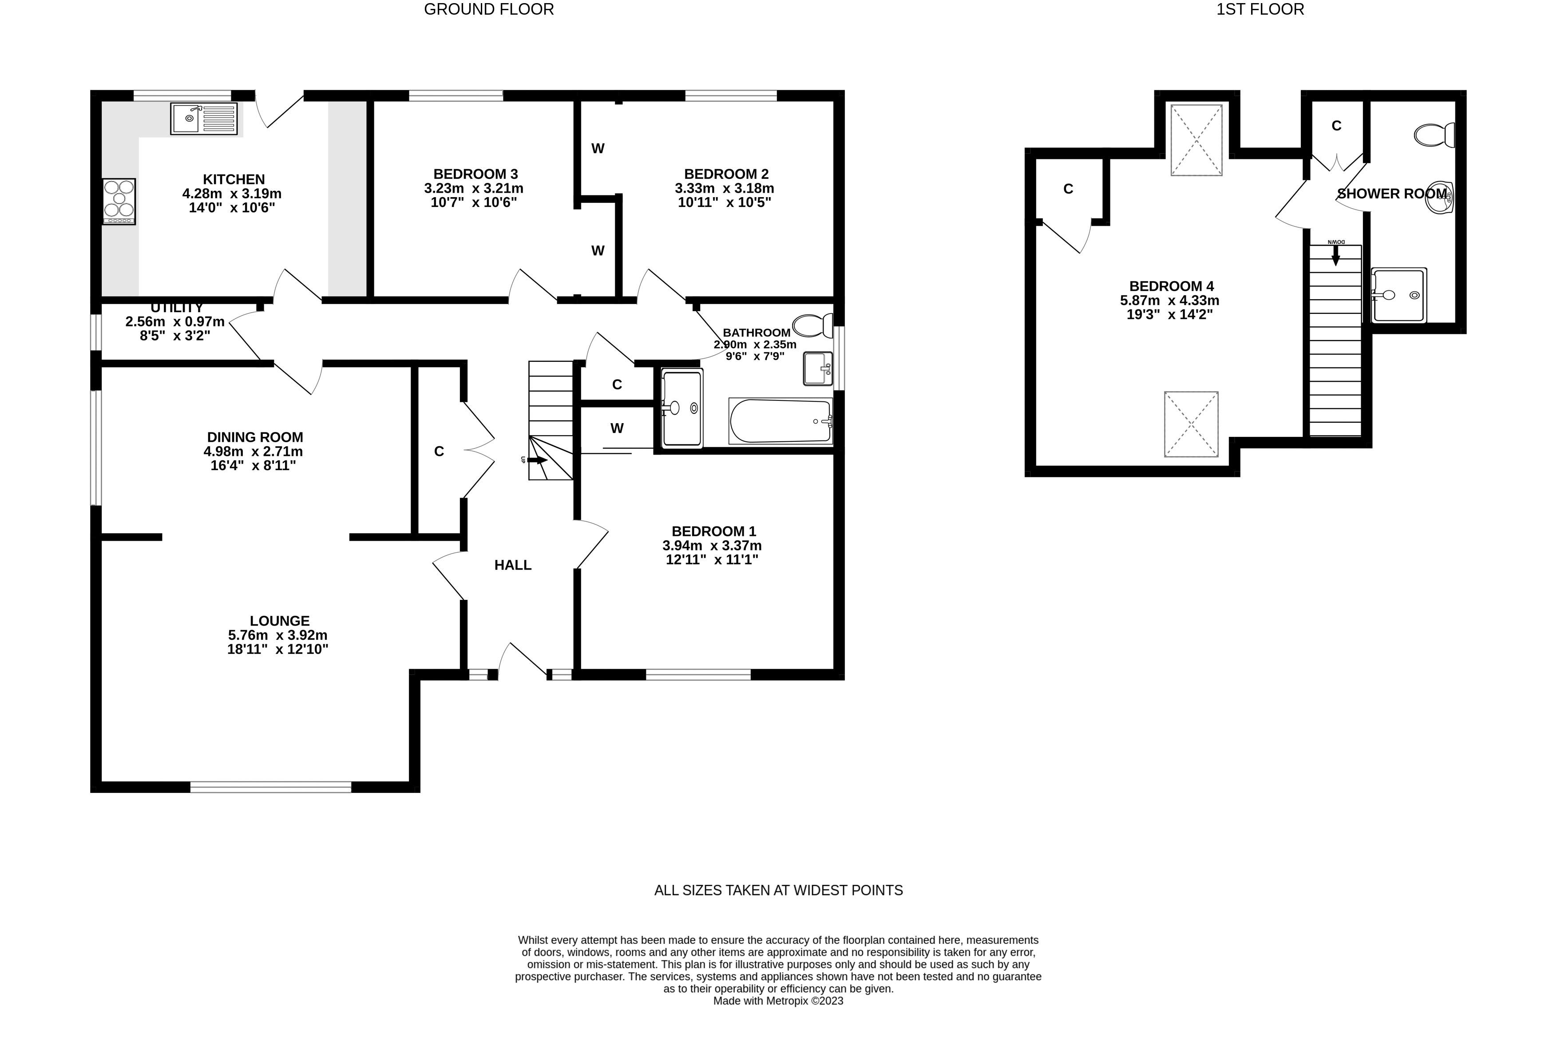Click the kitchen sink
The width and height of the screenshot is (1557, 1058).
click(x=204, y=119)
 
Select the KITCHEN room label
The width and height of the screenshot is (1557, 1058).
click(x=234, y=179)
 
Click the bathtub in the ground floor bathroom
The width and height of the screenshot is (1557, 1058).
click(x=780, y=421)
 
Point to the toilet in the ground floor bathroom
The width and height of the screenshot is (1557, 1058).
click(x=812, y=326)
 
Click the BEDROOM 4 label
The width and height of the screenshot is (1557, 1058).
click(x=1172, y=286)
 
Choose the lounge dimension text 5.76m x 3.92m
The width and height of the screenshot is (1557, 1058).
click(x=277, y=635)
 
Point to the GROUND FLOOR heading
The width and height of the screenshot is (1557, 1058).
click(x=489, y=9)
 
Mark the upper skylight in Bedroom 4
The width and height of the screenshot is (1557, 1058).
click(x=1196, y=140)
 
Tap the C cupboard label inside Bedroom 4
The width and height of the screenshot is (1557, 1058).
click(x=1069, y=190)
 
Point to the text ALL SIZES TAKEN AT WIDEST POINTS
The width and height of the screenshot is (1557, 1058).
click(x=779, y=891)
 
